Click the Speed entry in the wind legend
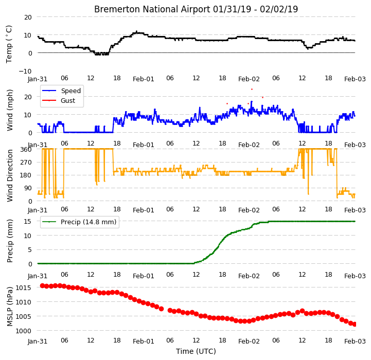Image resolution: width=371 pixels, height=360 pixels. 70,91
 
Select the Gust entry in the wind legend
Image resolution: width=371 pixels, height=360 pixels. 68,100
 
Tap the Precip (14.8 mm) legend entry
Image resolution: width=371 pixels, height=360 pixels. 89,222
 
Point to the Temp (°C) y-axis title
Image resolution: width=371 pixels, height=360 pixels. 9,44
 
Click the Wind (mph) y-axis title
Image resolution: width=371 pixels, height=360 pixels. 10,110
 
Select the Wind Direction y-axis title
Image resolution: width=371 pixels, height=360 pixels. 10,175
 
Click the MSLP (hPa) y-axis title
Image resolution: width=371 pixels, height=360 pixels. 10,307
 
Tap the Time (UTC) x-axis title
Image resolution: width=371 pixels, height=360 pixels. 196,351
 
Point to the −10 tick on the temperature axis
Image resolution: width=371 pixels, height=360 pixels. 25,71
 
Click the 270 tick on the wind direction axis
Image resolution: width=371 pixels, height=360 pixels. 27,163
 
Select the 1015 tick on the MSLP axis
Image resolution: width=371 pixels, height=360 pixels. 23,288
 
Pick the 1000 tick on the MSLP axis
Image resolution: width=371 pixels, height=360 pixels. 23,331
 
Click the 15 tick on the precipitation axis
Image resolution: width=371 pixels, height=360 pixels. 27,221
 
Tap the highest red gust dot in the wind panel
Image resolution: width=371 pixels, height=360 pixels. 252,89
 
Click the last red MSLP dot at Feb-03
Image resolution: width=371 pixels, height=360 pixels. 355,325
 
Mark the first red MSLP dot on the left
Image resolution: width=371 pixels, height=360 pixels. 42,286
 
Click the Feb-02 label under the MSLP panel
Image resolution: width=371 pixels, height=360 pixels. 249,341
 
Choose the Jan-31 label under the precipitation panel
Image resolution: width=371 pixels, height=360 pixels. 38,276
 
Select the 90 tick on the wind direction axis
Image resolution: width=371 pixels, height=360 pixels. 28,188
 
